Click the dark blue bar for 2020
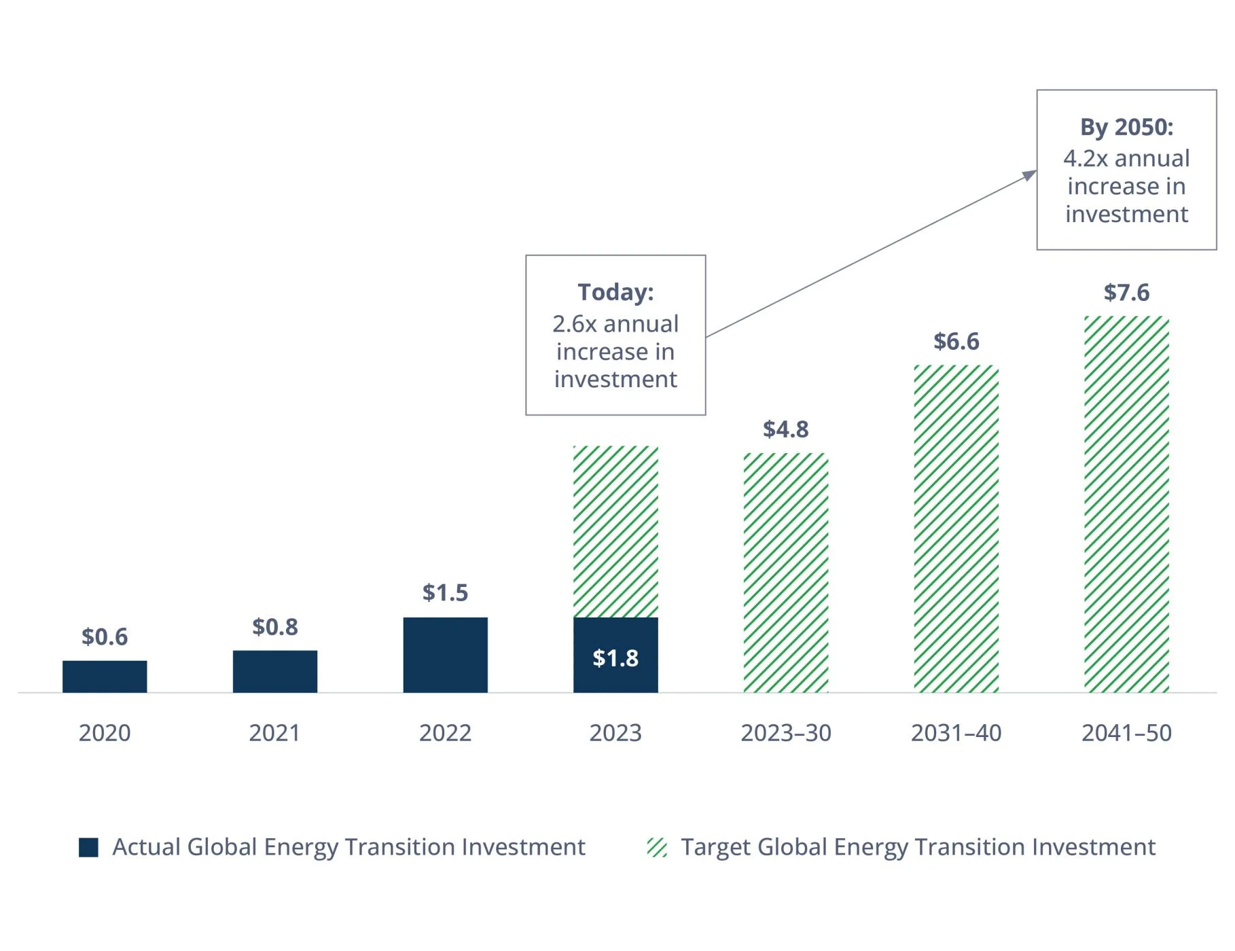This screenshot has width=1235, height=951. click(x=105, y=677)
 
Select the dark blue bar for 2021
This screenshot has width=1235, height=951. click(x=275, y=672)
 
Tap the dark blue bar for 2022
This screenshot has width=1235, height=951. click(x=445, y=655)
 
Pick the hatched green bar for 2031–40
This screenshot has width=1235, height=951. click(x=956, y=528)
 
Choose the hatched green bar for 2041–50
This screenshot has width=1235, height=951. click(x=1126, y=504)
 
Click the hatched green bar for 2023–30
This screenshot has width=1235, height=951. click(x=786, y=573)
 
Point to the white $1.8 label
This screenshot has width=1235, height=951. click(x=615, y=658)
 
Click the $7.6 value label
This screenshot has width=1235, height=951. click(x=1126, y=292)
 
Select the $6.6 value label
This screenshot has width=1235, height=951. click(x=956, y=341)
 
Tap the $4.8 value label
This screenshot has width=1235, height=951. click(x=786, y=429)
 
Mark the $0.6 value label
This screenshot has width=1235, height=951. click(x=105, y=636)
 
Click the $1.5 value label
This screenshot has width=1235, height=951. click(x=445, y=592)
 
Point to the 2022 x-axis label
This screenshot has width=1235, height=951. click(x=445, y=733)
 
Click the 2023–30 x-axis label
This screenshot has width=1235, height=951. click(x=786, y=733)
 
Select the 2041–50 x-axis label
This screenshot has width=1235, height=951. click(x=1126, y=733)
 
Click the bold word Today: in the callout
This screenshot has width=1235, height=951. click(x=615, y=292)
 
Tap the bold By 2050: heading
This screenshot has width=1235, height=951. click(x=1126, y=127)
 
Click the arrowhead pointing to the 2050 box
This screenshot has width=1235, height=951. click(x=1030, y=175)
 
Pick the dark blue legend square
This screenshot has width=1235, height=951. click(x=88, y=847)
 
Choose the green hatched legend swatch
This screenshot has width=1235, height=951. click(x=657, y=847)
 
